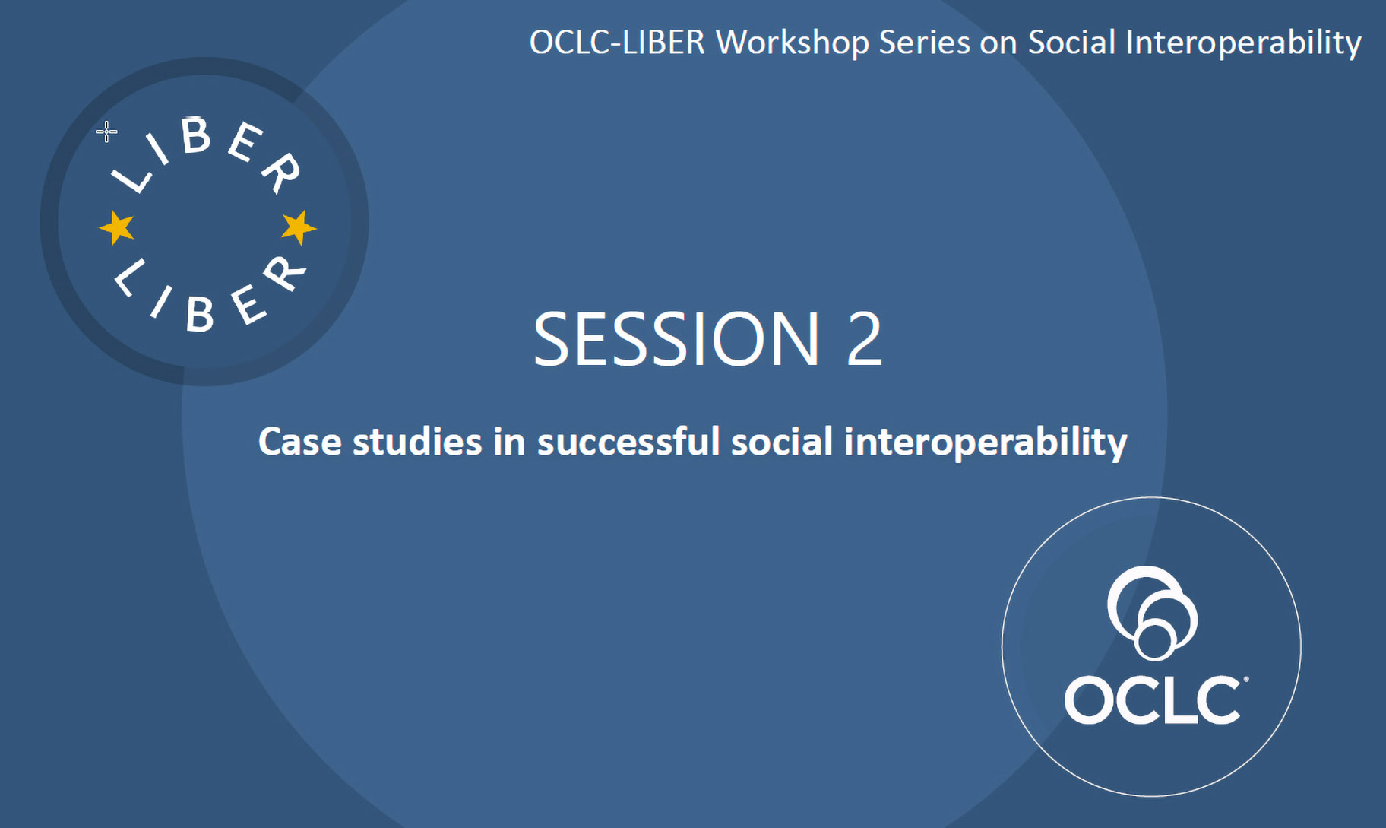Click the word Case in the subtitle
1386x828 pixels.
pyautogui.click(x=299, y=442)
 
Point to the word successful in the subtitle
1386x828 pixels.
pyautogui.click(x=628, y=442)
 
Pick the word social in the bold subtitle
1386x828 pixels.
pyautogui.click(x=782, y=442)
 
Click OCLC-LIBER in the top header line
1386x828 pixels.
pyautogui.click(x=617, y=43)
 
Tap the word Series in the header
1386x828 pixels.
pyautogui.click(x=925, y=43)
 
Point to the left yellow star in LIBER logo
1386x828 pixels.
pyautogui.click(x=117, y=227)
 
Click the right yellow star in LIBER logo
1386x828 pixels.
pyautogui.click(x=299, y=227)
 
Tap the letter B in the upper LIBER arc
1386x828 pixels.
pyautogui.click(x=195, y=136)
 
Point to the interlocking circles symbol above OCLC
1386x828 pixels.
pyautogui.click(x=1152, y=613)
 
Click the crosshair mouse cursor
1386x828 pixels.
pyautogui.click(x=106, y=132)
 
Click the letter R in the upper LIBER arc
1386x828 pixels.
pyautogui.click(x=280, y=173)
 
